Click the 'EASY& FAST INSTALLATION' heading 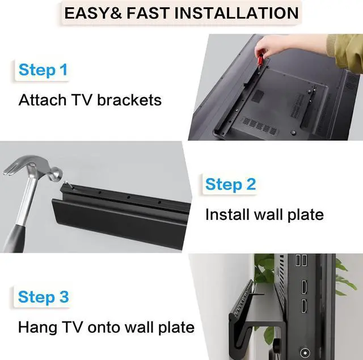[x=181, y=13]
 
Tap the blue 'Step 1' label [x=43, y=70]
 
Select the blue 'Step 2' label [x=230, y=184]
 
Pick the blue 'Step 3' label [x=43, y=297]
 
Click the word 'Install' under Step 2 [x=224, y=215]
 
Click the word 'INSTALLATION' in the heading [x=240, y=13]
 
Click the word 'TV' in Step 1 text [x=79, y=100]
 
